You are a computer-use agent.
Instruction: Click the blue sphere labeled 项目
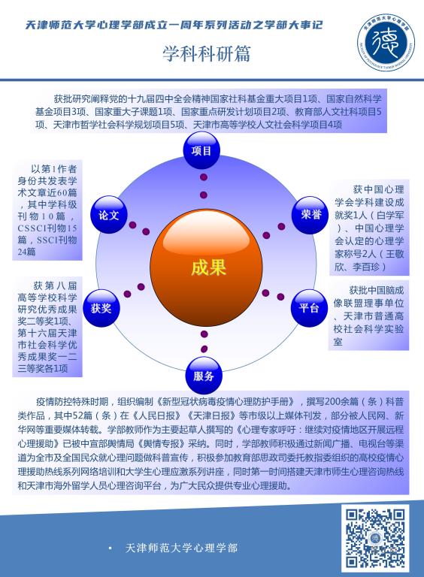point(201,150)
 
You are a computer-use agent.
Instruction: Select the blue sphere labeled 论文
point(108,215)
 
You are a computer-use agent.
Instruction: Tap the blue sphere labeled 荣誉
point(310,215)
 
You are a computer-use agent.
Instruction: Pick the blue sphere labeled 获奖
point(101,308)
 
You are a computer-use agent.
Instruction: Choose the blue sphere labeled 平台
point(309,308)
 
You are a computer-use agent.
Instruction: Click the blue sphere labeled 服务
point(204,376)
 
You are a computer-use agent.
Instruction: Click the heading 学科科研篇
point(207,54)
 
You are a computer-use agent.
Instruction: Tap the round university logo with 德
point(386,42)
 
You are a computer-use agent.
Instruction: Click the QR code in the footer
point(374,538)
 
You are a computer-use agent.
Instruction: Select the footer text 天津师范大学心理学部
point(181,548)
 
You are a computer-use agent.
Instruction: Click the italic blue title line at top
point(174,25)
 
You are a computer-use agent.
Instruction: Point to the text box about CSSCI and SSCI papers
point(47,210)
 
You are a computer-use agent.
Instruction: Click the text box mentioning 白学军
point(369,228)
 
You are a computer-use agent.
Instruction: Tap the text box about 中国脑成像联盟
point(368,316)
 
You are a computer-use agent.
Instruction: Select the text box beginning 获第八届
point(47,326)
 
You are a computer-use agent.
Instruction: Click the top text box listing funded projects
point(209,111)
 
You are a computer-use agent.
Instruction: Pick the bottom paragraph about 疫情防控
point(210,443)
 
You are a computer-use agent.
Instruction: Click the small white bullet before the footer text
point(110,548)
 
